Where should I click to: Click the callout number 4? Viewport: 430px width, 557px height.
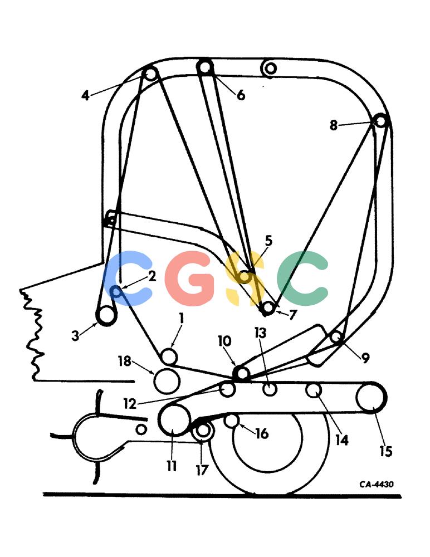pyautogui.click(x=85, y=95)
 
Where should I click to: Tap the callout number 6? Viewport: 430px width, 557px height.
pyautogui.click(x=241, y=95)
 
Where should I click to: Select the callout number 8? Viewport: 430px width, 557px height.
pyautogui.click(x=333, y=125)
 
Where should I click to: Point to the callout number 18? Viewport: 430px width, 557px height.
pyautogui.click(x=125, y=361)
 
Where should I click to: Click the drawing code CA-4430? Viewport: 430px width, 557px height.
pyautogui.click(x=377, y=484)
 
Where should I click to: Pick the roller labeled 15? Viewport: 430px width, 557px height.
pyautogui.click(x=371, y=398)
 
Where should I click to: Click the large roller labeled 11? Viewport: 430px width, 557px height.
pyautogui.click(x=174, y=420)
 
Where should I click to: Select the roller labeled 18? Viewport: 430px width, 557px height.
pyautogui.click(x=167, y=380)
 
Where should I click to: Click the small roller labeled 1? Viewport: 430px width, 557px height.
pyautogui.click(x=169, y=356)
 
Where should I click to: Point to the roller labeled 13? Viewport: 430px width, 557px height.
pyautogui.click(x=270, y=389)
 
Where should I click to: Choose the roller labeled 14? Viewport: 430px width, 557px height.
pyautogui.click(x=314, y=390)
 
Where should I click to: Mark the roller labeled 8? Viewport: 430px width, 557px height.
pyautogui.click(x=380, y=121)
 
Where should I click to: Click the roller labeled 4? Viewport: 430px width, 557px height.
pyautogui.click(x=150, y=74)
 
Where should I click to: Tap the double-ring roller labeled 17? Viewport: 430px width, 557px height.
pyautogui.click(x=203, y=430)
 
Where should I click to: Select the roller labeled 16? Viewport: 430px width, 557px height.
pyautogui.click(x=232, y=421)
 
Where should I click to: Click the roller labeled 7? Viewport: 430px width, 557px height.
pyautogui.click(x=267, y=307)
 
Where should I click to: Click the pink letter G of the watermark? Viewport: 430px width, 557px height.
pyautogui.click(x=190, y=278)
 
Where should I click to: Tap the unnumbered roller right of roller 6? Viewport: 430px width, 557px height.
pyautogui.click(x=270, y=68)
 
